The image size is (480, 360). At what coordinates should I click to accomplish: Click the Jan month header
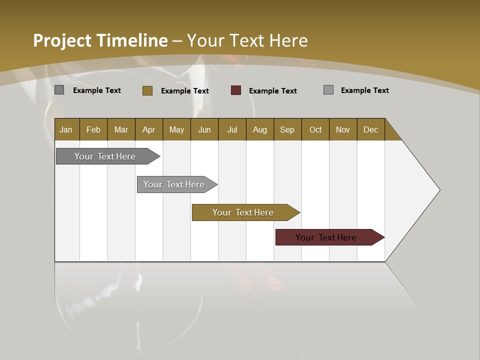(x=66, y=129)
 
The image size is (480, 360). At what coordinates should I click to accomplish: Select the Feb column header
(x=93, y=129)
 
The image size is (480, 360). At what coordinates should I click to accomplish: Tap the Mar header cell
(x=121, y=129)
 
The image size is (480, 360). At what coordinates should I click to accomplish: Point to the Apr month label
(x=149, y=129)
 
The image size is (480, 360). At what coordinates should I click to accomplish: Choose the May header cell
(x=176, y=129)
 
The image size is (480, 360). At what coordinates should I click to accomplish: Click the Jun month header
(x=204, y=129)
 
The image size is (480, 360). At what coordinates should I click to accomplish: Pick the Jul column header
(x=232, y=129)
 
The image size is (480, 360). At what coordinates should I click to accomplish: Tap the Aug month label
(x=260, y=129)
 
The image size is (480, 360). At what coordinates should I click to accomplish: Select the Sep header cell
(x=287, y=129)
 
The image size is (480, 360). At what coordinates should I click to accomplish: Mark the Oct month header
(x=315, y=129)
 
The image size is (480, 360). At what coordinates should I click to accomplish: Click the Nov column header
(x=343, y=129)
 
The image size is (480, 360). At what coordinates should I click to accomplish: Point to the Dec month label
(x=370, y=129)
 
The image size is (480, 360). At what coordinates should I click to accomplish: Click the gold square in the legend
(x=147, y=90)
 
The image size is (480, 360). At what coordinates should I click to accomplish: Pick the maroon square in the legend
(x=236, y=90)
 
